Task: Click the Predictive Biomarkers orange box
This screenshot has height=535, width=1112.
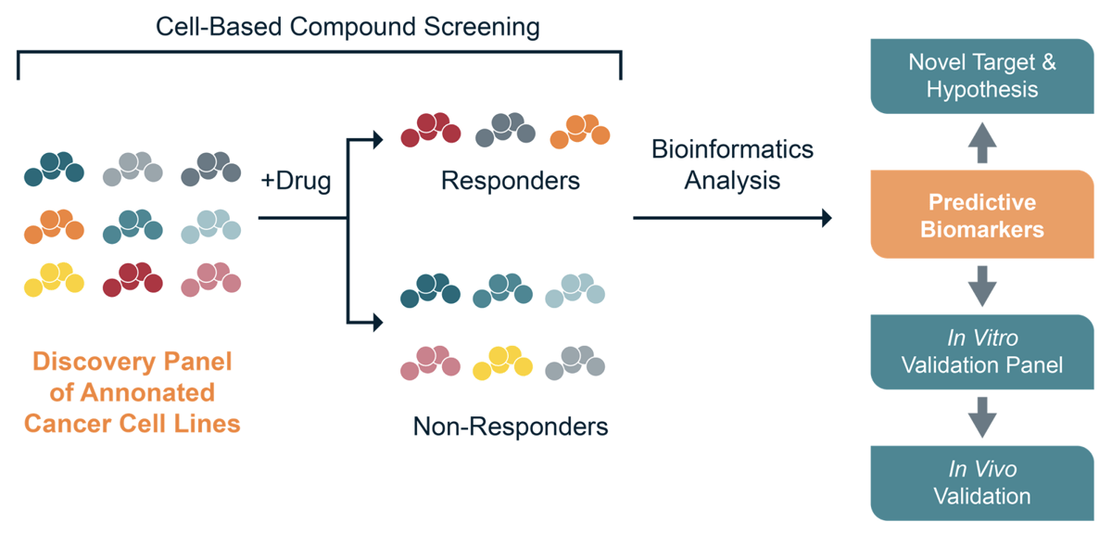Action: [981, 215]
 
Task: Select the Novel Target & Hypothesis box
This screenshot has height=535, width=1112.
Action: [981, 76]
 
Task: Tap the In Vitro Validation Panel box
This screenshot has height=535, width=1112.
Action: [981, 351]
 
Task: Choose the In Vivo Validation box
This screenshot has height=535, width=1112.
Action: [981, 483]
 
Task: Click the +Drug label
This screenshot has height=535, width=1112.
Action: [296, 182]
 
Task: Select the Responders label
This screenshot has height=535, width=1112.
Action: [510, 180]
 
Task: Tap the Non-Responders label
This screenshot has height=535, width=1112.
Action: [511, 427]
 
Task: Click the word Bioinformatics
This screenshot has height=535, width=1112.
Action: [732, 148]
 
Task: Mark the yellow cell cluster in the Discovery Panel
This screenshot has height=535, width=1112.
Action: [54, 279]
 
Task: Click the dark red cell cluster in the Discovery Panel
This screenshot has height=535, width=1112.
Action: [133, 279]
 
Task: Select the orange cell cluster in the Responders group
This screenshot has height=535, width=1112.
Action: [580, 131]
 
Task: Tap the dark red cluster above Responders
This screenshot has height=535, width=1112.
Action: [431, 130]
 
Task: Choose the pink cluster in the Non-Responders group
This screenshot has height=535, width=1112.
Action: [431, 363]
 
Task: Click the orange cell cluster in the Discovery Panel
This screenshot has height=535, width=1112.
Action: [54, 226]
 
